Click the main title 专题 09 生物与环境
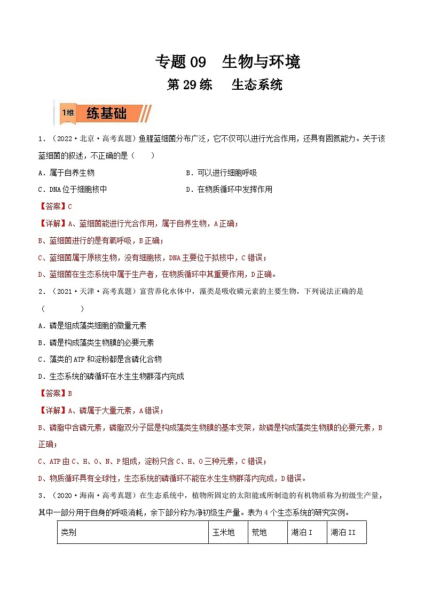click(227, 62)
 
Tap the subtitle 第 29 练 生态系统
click(224, 85)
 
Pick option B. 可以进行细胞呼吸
click(221, 173)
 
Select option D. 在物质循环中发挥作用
click(229, 189)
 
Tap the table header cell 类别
click(69, 533)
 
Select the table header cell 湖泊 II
click(343, 533)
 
